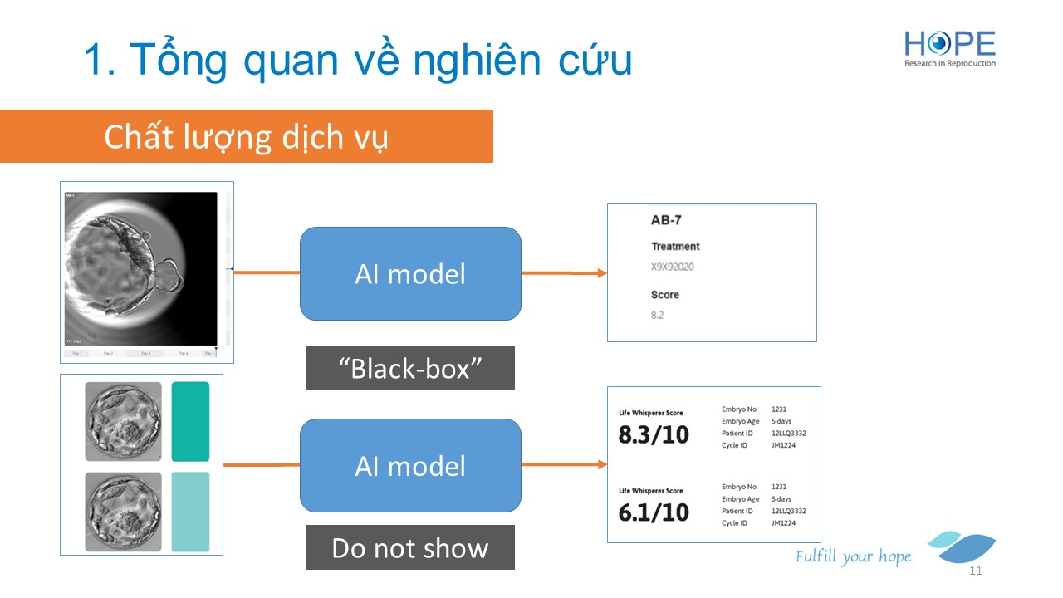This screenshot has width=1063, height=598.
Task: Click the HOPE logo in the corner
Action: coord(950,48)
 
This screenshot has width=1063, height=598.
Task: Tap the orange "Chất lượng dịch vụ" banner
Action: coord(246,136)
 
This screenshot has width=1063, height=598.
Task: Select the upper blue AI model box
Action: coord(410,273)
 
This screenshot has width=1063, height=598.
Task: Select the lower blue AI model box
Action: coord(410,465)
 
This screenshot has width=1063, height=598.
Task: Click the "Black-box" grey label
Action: coord(410,368)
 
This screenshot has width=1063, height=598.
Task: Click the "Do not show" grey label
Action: coord(410,547)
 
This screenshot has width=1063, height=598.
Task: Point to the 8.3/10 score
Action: coord(654,434)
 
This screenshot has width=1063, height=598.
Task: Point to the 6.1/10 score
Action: coord(654,512)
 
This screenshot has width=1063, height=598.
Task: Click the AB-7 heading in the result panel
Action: coord(666,221)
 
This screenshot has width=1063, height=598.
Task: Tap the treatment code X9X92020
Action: coord(673,267)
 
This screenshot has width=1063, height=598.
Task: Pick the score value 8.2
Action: coord(658,315)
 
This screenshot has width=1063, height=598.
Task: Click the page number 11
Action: coord(976,571)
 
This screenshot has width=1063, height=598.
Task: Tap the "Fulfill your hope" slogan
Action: coord(853,556)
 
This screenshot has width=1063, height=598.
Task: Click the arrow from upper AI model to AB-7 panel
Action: coord(565,273)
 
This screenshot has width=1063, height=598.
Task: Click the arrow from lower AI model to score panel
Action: coord(565,465)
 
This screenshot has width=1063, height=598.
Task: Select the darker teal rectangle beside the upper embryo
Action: coord(190,421)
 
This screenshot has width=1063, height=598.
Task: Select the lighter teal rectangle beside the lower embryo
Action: coord(190,512)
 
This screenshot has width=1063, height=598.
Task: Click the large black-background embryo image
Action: coord(140,268)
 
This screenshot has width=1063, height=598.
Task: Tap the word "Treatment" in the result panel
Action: coord(675,246)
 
